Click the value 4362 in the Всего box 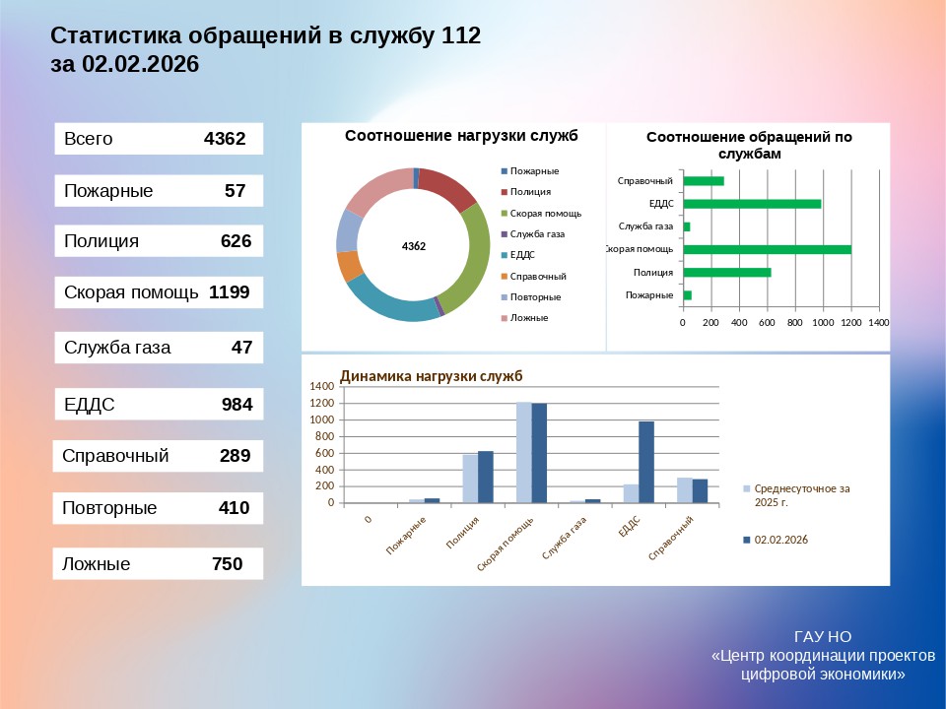pyautogui.click(x=224, y=139)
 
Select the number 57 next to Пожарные pyautogui.click(x=235, y=191)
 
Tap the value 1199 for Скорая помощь pyautogui.click(x=229, y=292)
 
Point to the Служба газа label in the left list pyautogui.click(x=117, y=348)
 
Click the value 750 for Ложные pyautogui.click(x=228, y=565)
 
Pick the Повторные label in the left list pyautogui.click(x=109, y=509)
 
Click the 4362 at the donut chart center pyautogui.click(x=414, y=246)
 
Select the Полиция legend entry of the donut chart pyautogui.click(x=530, y=192)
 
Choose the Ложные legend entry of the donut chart pyautogui.click(x=529, y=318)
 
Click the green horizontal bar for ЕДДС pyautogui.click(x=752, y=204)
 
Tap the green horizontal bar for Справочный pyautogui.click(x=704, y=181)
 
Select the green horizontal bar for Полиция pyautogui.click(x=727, y=273)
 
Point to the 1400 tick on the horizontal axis pyautogui.click(x=879, y=323)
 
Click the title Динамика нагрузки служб pyautogui.click(x=432, y=376)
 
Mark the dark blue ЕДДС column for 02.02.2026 pyautogui.click(x=646, y=462)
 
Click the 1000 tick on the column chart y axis pyautogui.click(x=324, y=420)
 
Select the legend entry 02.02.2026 pyautogui.click(x=780, y=540)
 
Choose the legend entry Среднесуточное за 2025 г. pyautogui.click(x=801, y=494)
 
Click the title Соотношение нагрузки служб pyautogui.click(x=461, y=136)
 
